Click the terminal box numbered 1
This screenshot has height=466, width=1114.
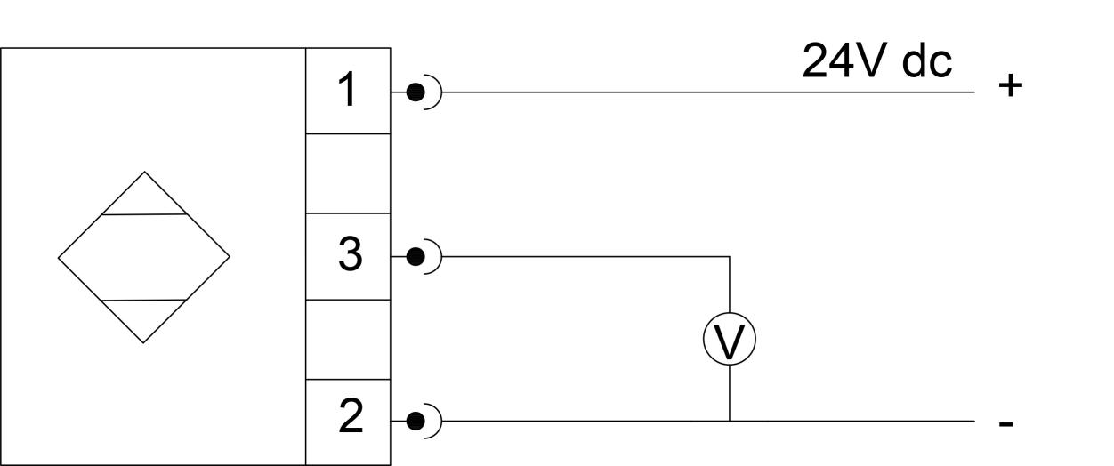click(348, 91)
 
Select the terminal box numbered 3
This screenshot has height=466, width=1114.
click(348, 256)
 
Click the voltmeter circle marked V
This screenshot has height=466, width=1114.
click(730, 341)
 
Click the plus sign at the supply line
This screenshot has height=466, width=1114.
click(1011, 87)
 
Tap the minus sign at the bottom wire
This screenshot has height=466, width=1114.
click(1006, 424)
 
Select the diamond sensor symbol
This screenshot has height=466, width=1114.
click(144, 257)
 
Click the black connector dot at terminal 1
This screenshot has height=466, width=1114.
click(414, 92)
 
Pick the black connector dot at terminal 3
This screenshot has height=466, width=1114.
click(414, 257)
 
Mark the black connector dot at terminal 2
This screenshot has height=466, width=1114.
click(414, 420)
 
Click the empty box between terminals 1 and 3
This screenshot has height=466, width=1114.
click(348, 173)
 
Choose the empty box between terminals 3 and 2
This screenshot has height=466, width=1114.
click(348, 339)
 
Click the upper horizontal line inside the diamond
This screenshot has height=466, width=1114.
click(144, 214)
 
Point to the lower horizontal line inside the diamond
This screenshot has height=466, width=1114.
click(144, 301)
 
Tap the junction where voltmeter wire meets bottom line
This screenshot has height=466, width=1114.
click(730, 420)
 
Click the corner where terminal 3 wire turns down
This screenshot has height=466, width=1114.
click(730, 257)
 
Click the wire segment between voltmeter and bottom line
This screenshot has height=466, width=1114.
click(730, 392)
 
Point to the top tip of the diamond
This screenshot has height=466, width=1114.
click(144, 173)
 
